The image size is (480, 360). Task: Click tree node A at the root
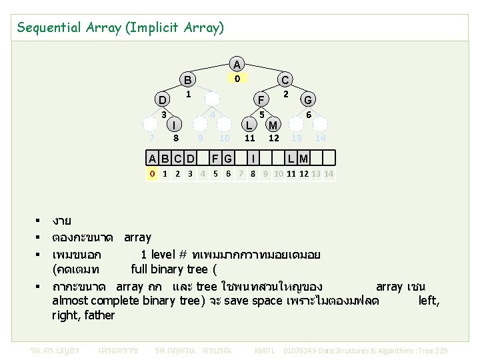(x=236, y=64)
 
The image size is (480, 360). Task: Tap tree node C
(x=285, y=81)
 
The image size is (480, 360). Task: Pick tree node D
(x=162, y=100)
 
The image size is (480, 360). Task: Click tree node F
(x=262, y=100)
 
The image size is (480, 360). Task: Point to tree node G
(x=309, y=100)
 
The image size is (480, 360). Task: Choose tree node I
(x=175, y=125)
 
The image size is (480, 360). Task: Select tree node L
(x=249, y=125)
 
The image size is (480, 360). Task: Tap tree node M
(x=273, y=125)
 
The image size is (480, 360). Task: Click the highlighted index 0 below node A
(x=236, y=78)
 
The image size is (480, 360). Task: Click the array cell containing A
(x=153, y=158)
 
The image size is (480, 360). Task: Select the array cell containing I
(x=253, y=158)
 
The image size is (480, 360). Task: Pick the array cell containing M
(x=303, y=158)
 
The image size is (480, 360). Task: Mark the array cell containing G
(x=228, y=158)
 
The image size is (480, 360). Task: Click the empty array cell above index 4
(x=203, y=158)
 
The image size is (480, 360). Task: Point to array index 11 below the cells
(x=291, y=175)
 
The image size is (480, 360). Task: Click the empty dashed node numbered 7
(x=153, y=125)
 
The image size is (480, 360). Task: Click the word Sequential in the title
(x=46, y=27)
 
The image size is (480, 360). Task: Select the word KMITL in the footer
(x=265, y=350)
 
